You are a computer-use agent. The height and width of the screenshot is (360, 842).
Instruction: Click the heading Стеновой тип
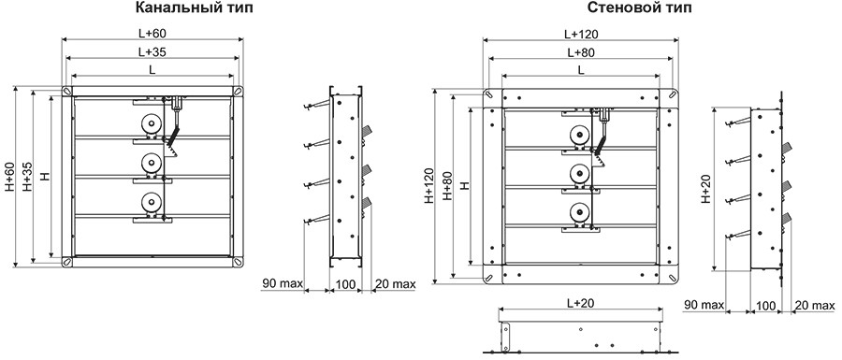pyautogui.click(x=639, y=8)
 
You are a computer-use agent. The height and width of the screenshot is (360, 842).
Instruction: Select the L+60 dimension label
pyautogui.click(x=152, y=33)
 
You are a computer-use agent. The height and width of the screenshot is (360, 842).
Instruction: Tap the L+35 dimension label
pyautogui.click(x=152, y=52)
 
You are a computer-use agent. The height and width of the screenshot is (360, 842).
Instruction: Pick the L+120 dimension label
pyautogui.click(x=581, y=34)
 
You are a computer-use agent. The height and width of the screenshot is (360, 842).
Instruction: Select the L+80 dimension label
pyautogui.click(x=581, y=52)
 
